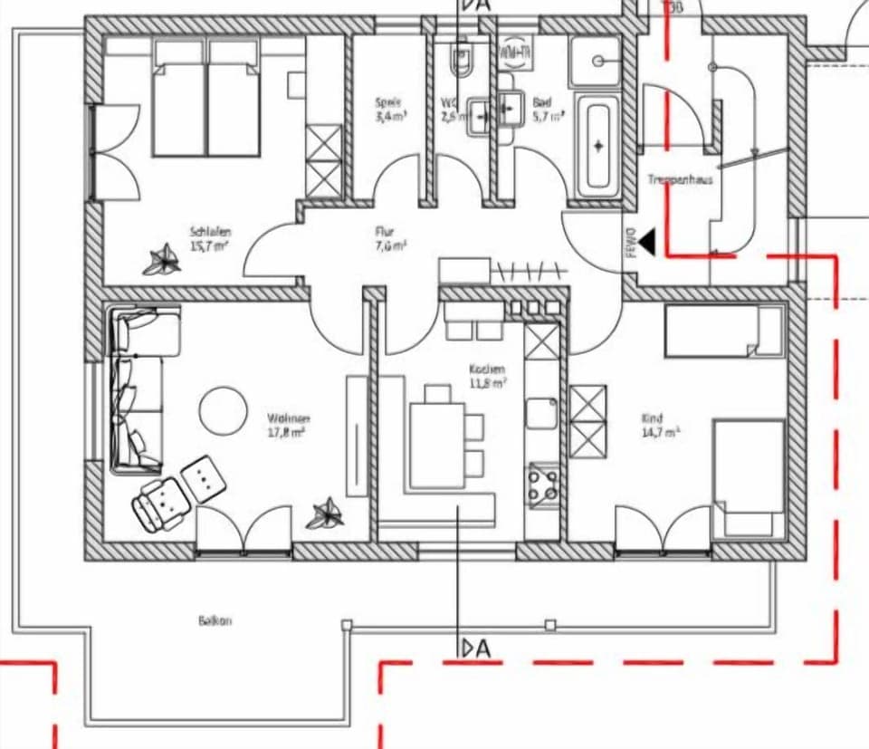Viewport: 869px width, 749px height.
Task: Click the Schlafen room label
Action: click(210, 231)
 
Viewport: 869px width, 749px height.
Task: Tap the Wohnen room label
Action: click(288, 418)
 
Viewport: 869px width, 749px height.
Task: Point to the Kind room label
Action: click(652, 418)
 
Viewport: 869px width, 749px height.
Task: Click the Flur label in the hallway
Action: click(385, 232)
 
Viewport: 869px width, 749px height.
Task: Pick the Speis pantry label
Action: click(388, 103)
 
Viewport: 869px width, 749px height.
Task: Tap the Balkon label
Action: click(215, 621)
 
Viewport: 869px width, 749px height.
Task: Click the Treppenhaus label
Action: click(680, 180)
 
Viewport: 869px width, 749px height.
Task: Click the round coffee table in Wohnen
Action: click(223, 410)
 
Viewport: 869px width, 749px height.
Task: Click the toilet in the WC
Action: click(461, 62)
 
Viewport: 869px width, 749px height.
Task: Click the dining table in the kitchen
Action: click(437, 444)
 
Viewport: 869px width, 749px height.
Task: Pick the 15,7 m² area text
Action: click(210, 245)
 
